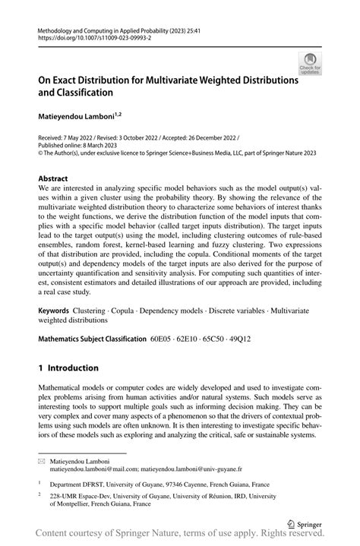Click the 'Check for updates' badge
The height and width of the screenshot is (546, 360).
pyautogui.click(x=309, y=65)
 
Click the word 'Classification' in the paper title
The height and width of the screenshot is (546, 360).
pyautogui.click(x=81, y=92)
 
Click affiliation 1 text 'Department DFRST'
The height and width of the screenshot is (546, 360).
pyautogui.click(x=78, y=484)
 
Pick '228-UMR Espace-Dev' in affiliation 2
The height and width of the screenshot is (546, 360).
pyautogui.click(x=84, y=495)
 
